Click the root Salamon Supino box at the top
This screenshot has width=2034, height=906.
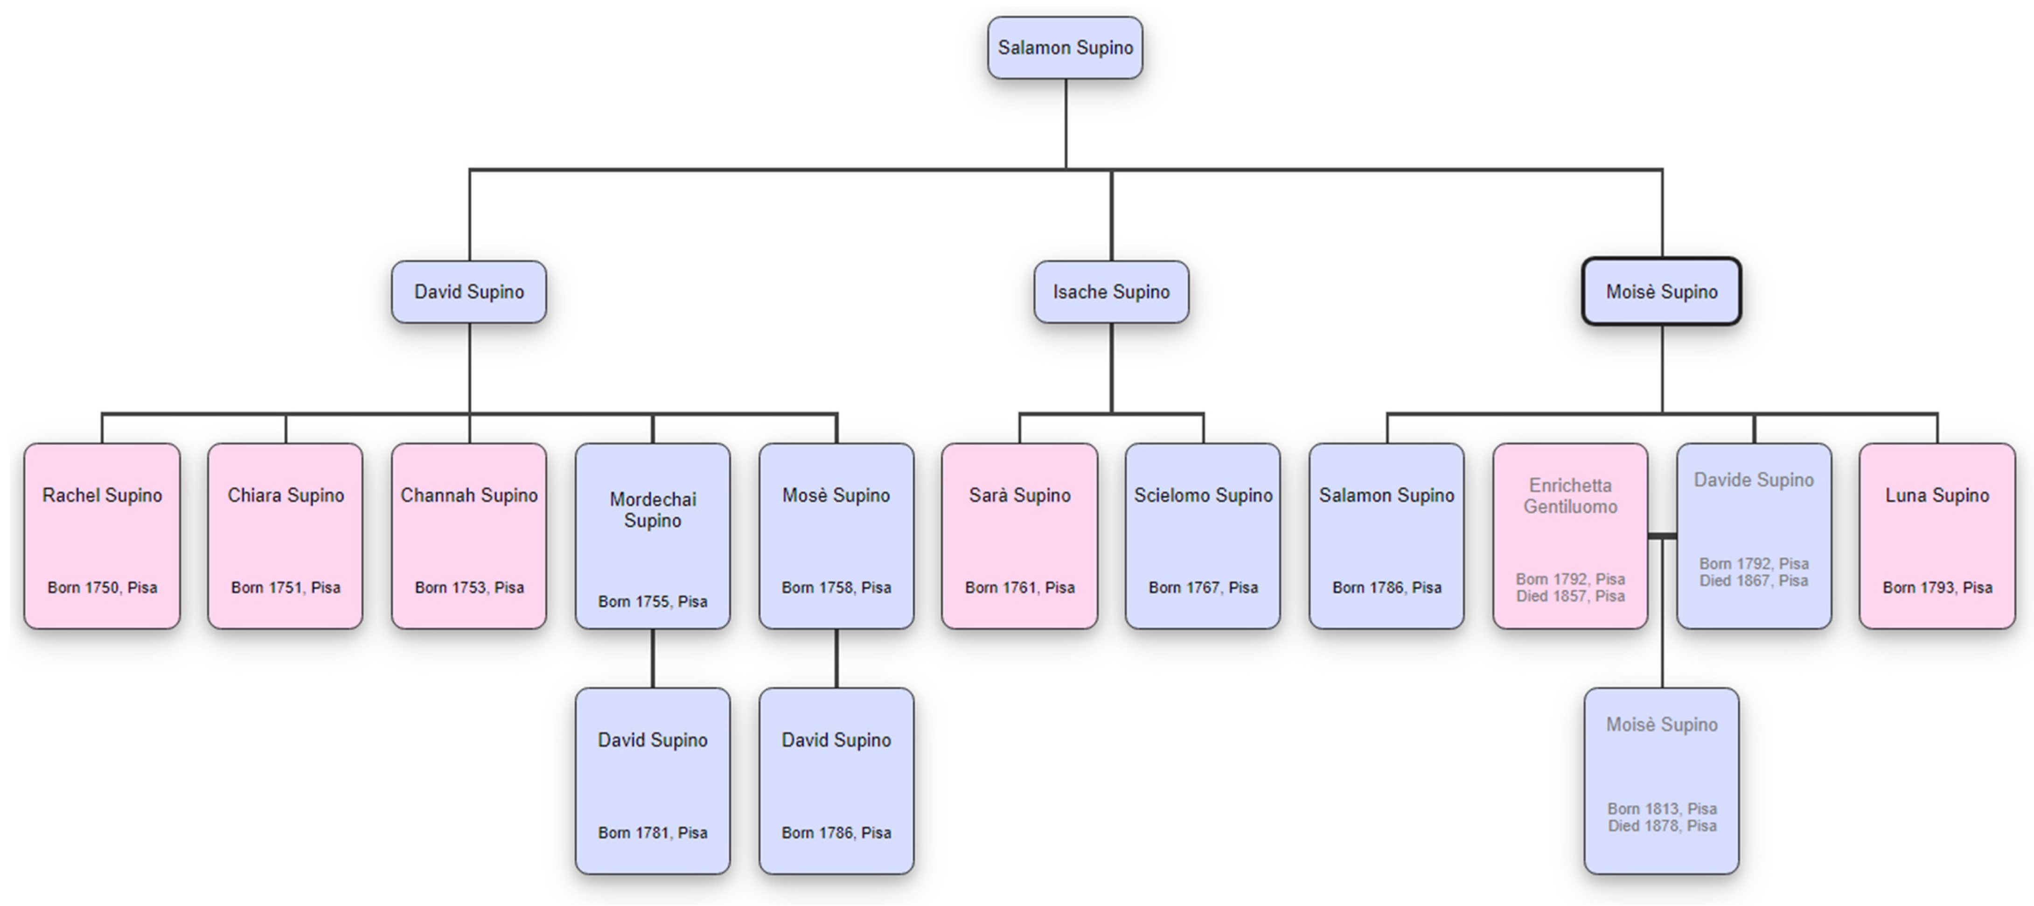click(1065, 48)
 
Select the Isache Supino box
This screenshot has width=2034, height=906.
click(1111, 292)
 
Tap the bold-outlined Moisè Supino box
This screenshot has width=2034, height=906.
click(1661, 292)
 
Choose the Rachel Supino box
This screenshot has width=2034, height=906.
click(102, 536)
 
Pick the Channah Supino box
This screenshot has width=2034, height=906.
click(469, 536)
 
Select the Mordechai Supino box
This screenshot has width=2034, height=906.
click(652, 536)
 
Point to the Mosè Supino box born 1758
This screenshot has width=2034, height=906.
click(836, 536)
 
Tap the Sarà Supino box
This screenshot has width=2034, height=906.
click(1019, 536)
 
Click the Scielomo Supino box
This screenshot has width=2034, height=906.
click(1203, 536)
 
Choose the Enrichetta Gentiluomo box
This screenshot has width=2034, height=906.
click(1570, 536)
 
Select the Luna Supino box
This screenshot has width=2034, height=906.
click(1937, 536)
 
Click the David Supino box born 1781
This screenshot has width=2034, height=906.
click(652, 781)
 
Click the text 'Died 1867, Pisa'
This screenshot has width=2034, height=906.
click(1754, 580)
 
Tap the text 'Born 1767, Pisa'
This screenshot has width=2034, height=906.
click(1203, 588)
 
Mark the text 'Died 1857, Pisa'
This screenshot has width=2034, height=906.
click(1570, 596)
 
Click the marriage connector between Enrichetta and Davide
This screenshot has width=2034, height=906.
click(1662, 537)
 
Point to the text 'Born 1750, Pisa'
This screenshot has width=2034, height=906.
click(102, 588)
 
